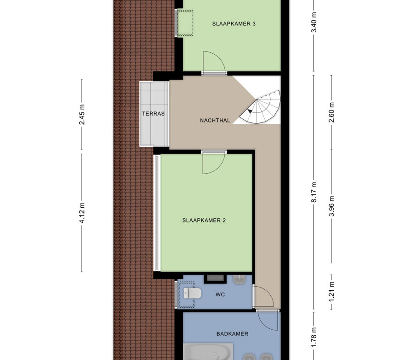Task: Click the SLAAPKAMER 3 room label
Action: click(234, 24)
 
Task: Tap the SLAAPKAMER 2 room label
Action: click(204, 220)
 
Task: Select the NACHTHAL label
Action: click(215, 121)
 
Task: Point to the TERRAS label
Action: click(153, 114)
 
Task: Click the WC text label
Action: click(220, 294)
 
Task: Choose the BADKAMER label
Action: click(232, 334)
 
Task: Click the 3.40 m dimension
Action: click(314, 22)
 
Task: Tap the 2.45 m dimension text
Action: click(82, 115)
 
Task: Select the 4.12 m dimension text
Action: click(82, 213)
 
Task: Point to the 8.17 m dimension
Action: click(314, 192)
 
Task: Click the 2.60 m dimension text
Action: click(332, 112)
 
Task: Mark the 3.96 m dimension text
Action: click(332, 206)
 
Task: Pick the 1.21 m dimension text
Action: click(332, 292)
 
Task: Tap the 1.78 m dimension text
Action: click(314, 337)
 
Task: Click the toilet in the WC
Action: click(192, 293)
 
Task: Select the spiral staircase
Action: click(261, 107)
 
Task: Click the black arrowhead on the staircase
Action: click(250, 111)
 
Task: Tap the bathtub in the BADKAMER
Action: click(208, 352)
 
